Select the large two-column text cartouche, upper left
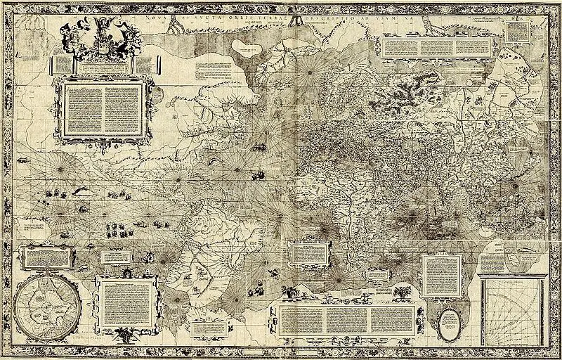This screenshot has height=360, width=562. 103,110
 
